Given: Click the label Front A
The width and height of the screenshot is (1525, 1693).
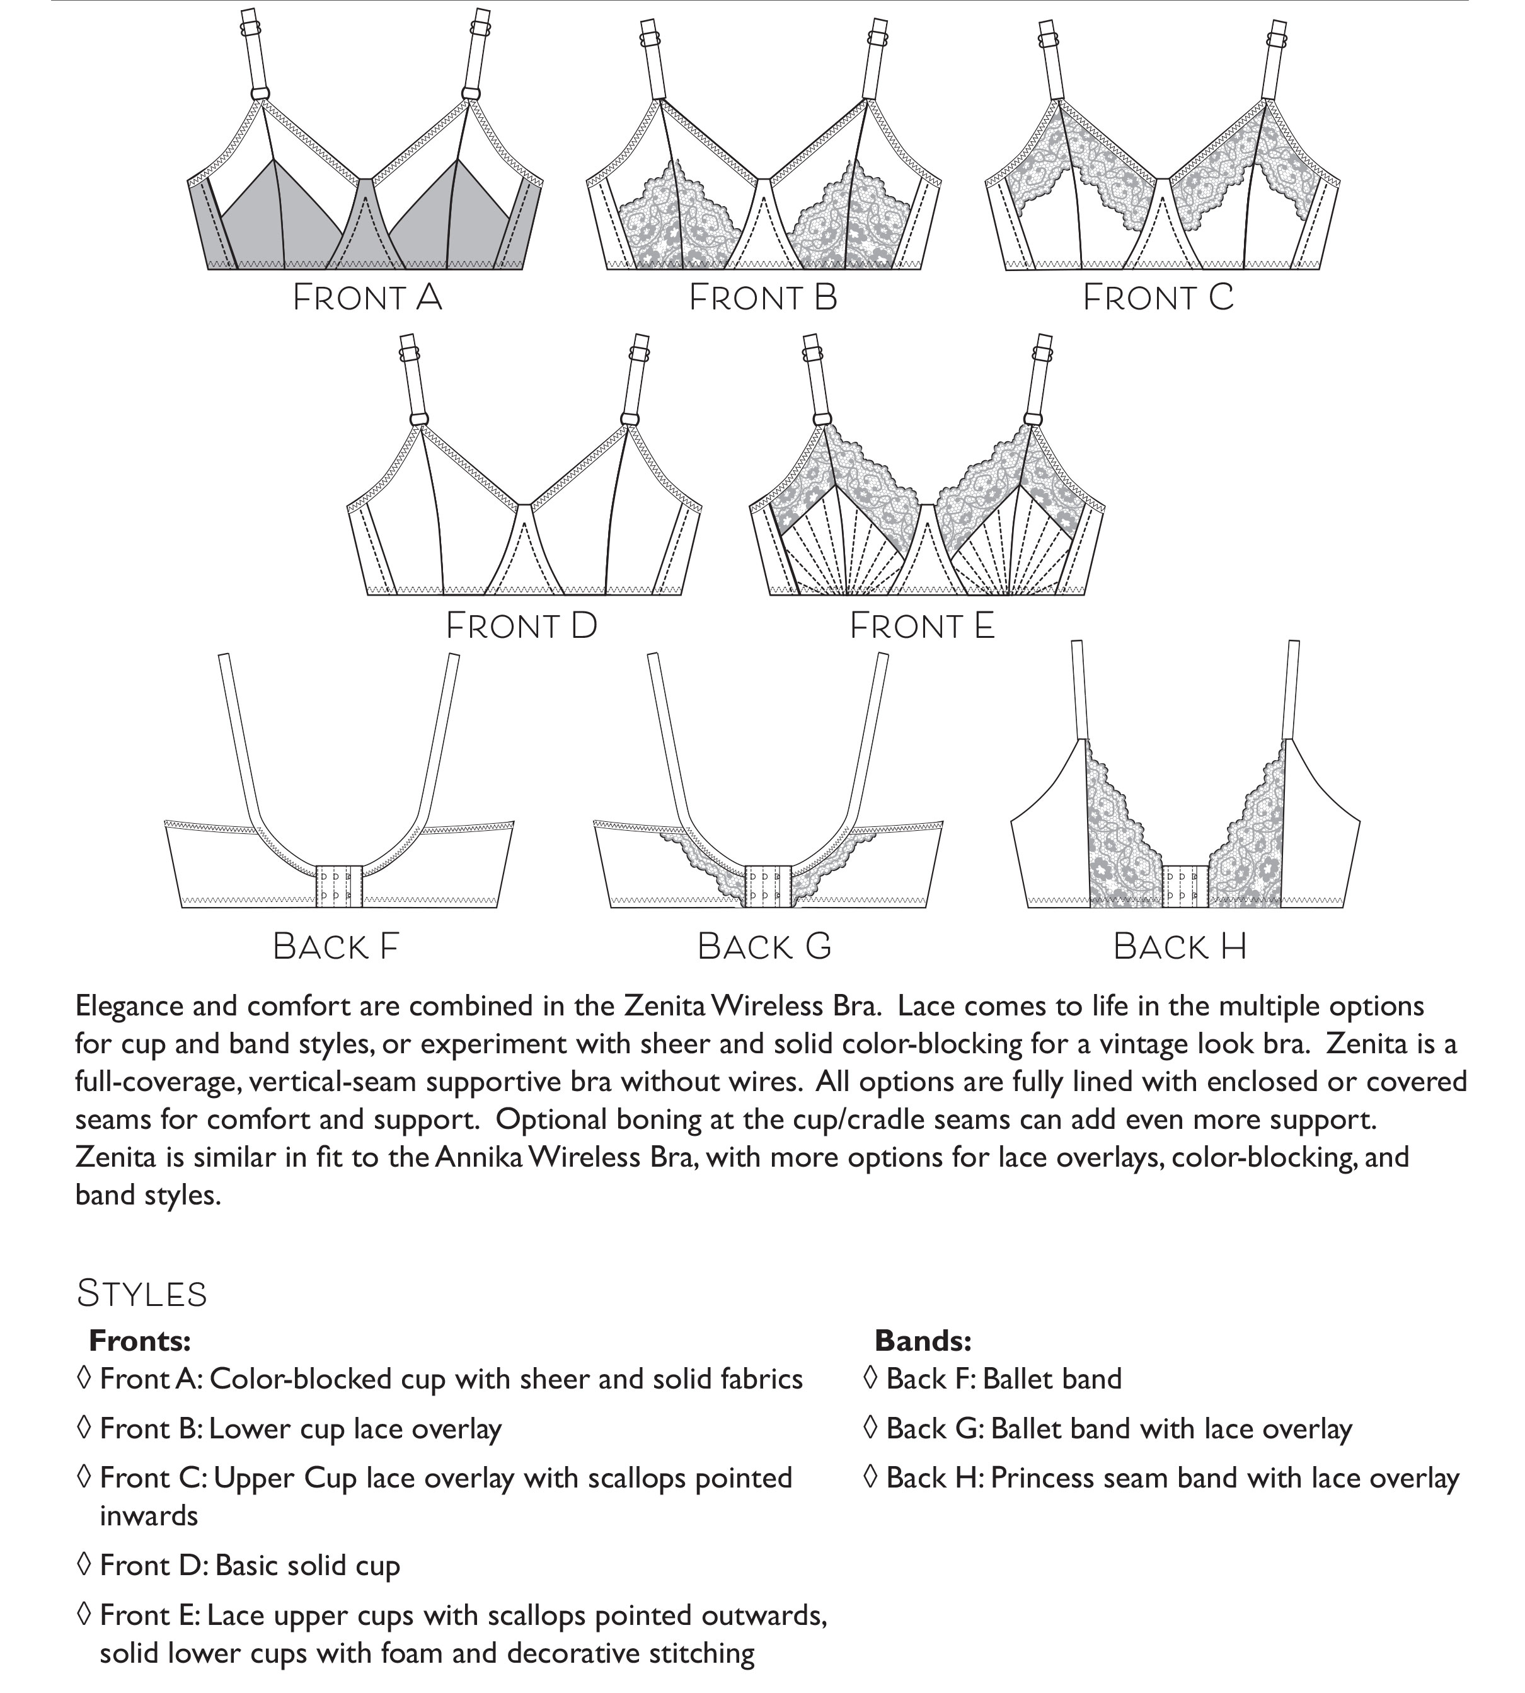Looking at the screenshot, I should [367, 298].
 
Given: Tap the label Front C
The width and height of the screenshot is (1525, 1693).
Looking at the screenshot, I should [1158, 298].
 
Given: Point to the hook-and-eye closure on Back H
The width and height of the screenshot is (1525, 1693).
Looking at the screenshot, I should [1185, 886].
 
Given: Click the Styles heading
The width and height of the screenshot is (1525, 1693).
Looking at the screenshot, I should [142, 1294].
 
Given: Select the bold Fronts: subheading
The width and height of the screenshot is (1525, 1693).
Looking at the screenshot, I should [140, 1341].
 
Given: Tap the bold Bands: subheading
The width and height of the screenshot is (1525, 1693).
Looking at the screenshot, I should [923, 1341].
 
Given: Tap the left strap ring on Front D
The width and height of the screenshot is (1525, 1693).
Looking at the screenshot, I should [419, 419].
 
